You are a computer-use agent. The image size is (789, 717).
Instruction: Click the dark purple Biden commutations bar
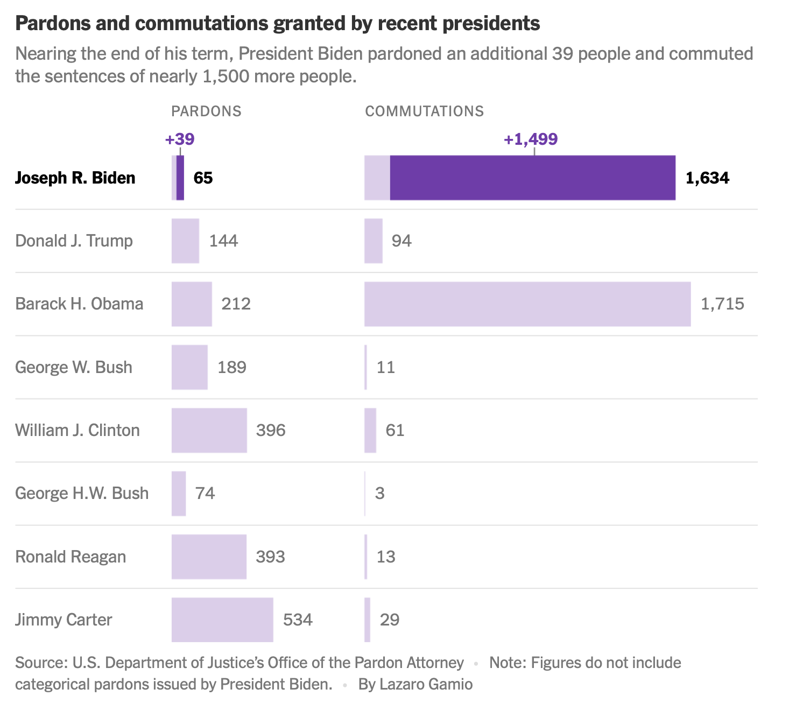(532, 178)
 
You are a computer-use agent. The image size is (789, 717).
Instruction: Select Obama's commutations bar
(527, 304)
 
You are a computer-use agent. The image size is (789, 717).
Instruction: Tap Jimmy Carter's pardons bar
(222, 620)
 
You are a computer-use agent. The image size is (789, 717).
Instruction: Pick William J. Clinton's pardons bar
(209, 430)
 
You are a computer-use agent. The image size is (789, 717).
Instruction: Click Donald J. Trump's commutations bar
(374, 241)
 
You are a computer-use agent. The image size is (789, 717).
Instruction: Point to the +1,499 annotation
(531, 139)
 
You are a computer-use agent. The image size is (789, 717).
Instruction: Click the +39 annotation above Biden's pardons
(180, 139)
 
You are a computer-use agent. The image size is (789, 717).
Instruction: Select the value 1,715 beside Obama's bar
(722, 304)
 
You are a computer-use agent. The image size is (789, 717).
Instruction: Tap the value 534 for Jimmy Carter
(298, 620)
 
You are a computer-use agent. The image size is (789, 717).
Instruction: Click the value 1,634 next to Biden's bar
(707, 178)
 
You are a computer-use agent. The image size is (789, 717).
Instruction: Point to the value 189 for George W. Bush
(232, 367)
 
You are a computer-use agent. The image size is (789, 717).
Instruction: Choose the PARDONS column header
(206, 111)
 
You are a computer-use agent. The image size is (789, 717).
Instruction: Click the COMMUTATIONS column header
(424, 111)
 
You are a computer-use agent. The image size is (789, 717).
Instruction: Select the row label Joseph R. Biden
(75, 178)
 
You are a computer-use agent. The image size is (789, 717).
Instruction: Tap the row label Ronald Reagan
(71, 557)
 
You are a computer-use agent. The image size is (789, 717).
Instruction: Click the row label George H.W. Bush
(82, 493)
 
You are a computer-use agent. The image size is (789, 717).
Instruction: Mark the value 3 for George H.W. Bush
(380, 493)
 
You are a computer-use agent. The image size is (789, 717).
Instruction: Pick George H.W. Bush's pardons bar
(179, 493)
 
